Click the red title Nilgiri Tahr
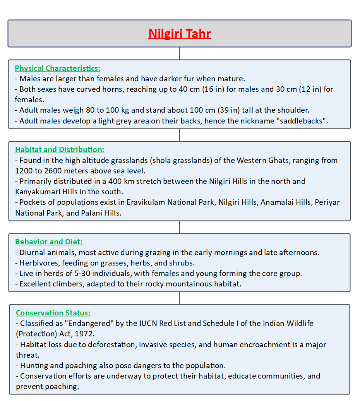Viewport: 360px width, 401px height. [x=180, y=34]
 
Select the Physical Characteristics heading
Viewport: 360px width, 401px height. [x=57, y=69]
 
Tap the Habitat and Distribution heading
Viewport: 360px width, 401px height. [x=60, y=150]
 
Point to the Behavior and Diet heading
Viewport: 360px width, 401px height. [x=49, y=242]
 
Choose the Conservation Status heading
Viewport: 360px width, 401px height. [x=53, y=313]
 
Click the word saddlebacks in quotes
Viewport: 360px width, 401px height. [x=307, y=121]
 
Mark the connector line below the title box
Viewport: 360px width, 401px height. [x=180, y=53]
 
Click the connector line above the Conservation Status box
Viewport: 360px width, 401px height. [x=180, y=298]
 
